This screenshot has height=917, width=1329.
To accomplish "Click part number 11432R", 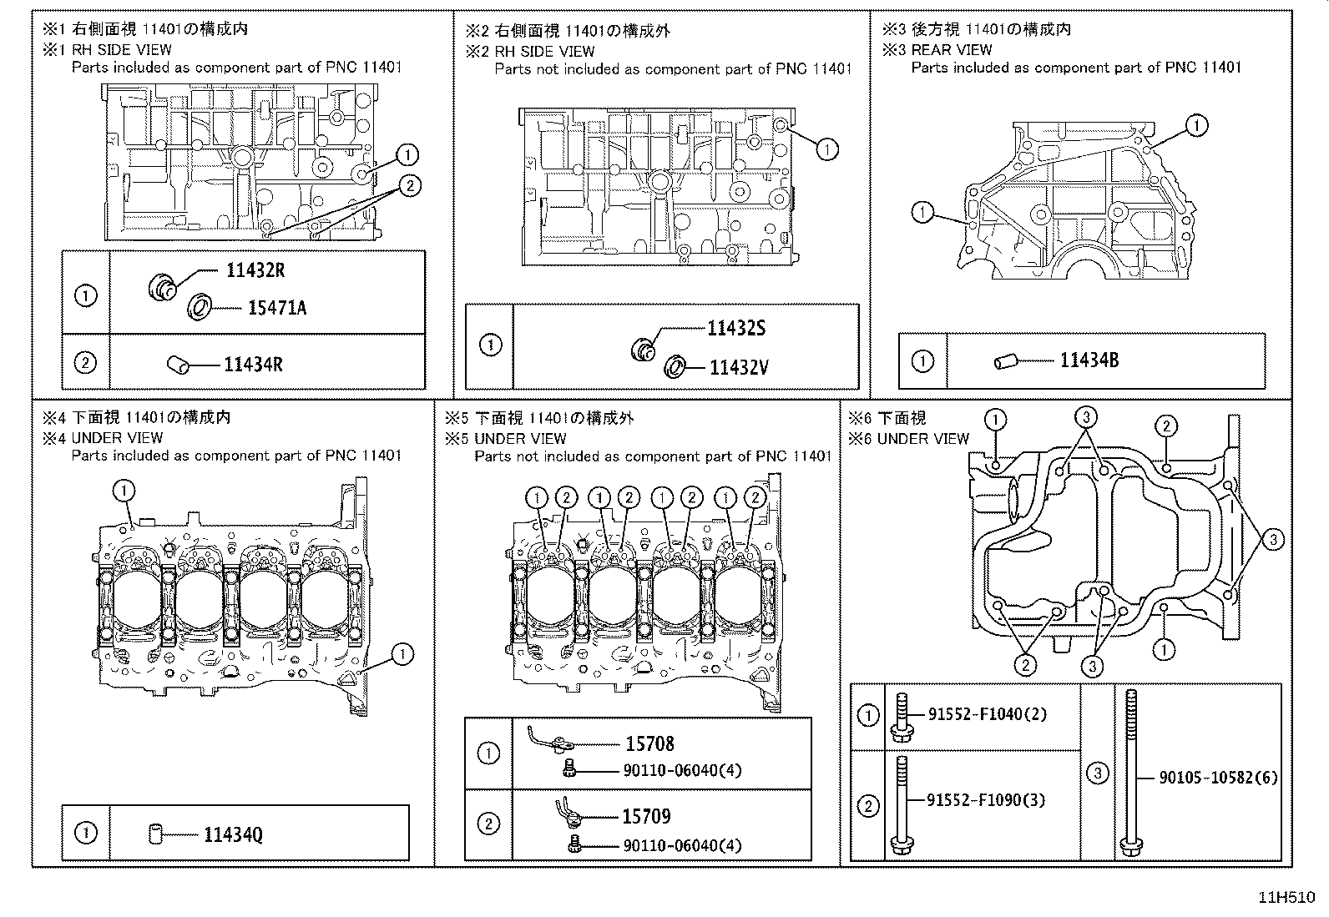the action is [x=255, y=270].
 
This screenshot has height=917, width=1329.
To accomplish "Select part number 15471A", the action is [x=277, y=308].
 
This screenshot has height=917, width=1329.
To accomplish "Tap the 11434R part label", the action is [x=253, y=364].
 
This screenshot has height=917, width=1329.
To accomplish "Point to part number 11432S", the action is [x=736, y=328].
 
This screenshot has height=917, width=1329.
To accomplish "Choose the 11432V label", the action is [x=740, y=368].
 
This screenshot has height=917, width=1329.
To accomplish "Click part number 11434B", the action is [x=1089, y=360].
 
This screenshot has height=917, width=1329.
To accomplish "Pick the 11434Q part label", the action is [x=233, y=834].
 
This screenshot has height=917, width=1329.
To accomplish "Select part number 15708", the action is [x=650, y=743].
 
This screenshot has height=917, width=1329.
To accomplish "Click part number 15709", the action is [x=647, y=816].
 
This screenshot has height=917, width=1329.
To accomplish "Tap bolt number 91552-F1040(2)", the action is [x=988, y=713].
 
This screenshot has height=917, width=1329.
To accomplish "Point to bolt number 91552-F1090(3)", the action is [x=986, y=800].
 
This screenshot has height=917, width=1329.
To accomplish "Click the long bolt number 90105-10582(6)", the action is [x=1218, y=778].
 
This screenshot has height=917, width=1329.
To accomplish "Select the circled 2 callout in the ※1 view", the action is [x=409, y=186].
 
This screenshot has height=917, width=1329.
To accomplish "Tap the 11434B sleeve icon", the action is [x=1006, y=361].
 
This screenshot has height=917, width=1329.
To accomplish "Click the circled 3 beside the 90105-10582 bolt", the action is [x=1097, y=773].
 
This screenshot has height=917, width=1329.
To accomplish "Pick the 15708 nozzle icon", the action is [x=548, y=738].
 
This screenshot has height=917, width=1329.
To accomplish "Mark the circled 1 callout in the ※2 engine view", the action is [x=827, y=149].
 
